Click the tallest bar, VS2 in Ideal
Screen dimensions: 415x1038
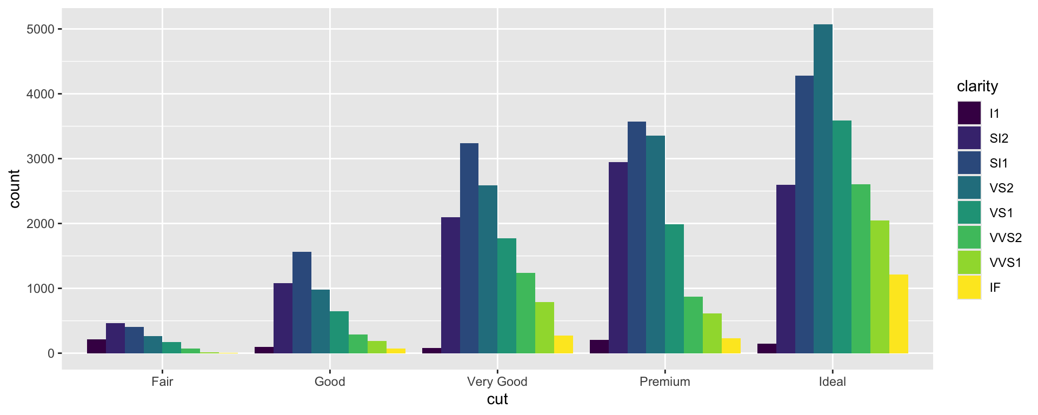[x=823, y=189]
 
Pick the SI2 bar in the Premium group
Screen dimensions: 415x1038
[x=618, y=258]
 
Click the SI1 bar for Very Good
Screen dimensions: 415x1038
[x=469, y=249]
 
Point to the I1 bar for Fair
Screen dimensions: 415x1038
[x=96, y=346]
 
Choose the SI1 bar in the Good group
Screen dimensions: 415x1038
[x=302, y=303]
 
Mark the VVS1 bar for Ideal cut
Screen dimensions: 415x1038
[x=880, y=287]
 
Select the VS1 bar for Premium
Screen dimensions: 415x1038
[x=674, y=289]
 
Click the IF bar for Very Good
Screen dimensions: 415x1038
[x=563, y=345]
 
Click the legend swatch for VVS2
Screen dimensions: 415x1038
[x=969, y=238]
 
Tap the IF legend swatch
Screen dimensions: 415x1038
[x=969, y=287]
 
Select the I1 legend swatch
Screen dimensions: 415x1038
[x=969, y=113]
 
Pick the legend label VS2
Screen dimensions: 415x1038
[x=1001, y=188]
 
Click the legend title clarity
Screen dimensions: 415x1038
[x=977, y=86]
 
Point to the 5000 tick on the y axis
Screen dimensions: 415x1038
[x=40, y=29]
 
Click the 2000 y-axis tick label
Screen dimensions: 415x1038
[x=40, y=224]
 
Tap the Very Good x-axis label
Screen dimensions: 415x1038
[x=497, y=382]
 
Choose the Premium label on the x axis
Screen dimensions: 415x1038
[x=664, y=382]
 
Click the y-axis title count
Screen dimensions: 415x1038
[x=14, y=189]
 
